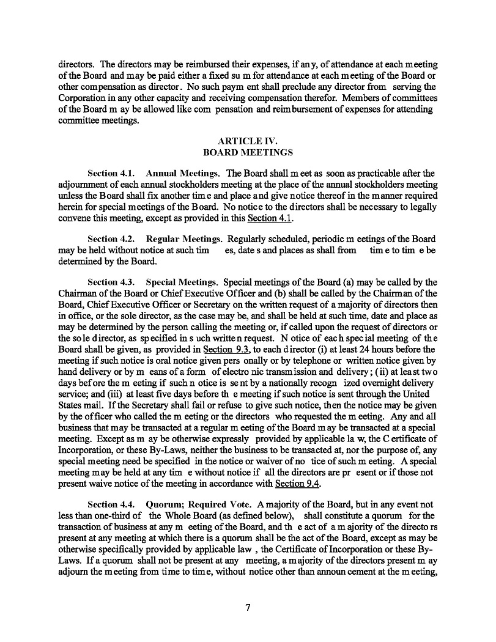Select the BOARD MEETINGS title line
point(248,152)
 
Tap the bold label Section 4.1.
point(111,174)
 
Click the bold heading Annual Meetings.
point(184,174)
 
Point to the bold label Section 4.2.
point(111,238)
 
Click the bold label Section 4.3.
point(111,282)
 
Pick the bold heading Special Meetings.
point(183,282)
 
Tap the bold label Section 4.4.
point(111,505)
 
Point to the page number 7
point(248,607)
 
